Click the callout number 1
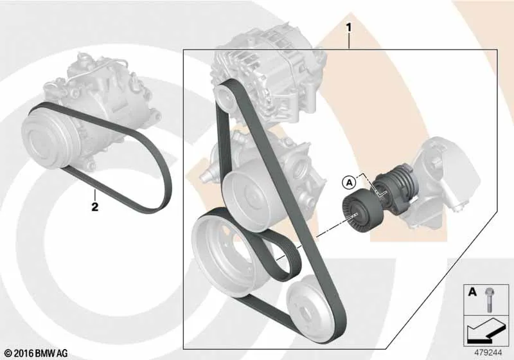point(349,28)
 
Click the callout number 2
point(94,207)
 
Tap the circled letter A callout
point(350,182)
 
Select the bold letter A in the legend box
point(472,292)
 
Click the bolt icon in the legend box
point(488,300)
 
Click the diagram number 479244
point(488,353)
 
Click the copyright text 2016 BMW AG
point(37,353)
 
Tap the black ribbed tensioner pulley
point(362,212)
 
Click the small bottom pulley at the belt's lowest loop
point(306,308)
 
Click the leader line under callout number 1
point(349,41)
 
